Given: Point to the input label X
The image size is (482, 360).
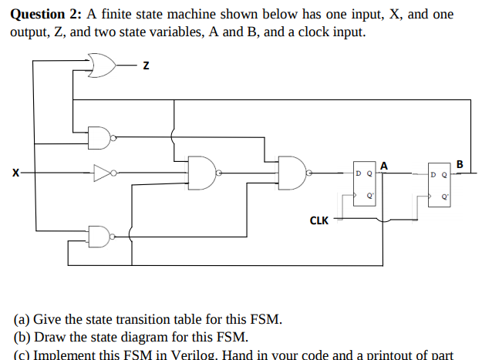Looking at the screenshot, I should [x=14, y=173].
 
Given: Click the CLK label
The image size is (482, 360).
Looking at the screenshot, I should [x=319, y=220].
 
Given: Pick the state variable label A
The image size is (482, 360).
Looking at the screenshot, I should [x=383, y=163].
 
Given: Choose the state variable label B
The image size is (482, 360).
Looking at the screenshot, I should [x=460, y=163].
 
